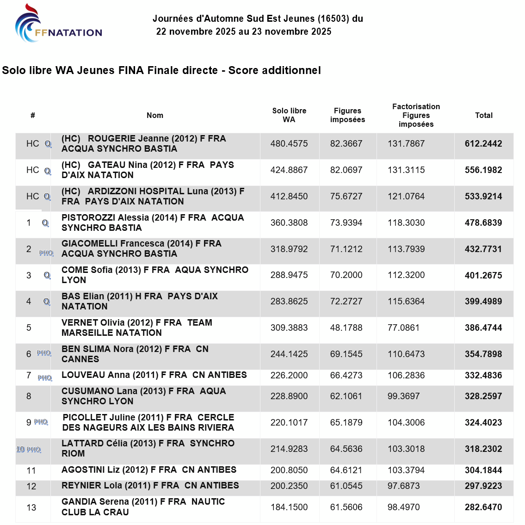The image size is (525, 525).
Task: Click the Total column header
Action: (x=484, y=115)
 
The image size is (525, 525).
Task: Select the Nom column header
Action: (x=155, y=115)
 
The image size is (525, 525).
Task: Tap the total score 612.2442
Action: (x=483, y=143)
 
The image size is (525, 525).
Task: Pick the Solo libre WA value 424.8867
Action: (x=289, y=170)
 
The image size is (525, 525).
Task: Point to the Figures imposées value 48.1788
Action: (x=346, y=327)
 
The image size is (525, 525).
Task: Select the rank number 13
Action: (x=31, y=507)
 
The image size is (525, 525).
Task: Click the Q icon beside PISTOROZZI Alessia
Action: (x=45, y=223)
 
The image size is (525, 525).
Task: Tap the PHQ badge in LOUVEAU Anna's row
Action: (x=45, y=378)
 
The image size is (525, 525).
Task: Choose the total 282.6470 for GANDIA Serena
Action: (x=483, y=507)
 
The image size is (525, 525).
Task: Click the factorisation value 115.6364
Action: (x=406, y=301)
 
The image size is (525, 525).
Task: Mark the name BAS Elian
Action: (x=83, y=296)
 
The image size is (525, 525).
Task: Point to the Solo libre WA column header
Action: (x=289, y=115)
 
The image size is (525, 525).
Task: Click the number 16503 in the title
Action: (x=334, y=19)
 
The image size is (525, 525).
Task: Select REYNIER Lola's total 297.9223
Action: (x=483, y=486)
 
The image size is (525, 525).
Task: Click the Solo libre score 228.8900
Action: (x=289, y=396)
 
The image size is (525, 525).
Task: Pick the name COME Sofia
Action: (x=86, y=270)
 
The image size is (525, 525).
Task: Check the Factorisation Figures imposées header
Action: (x=416, y=115)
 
